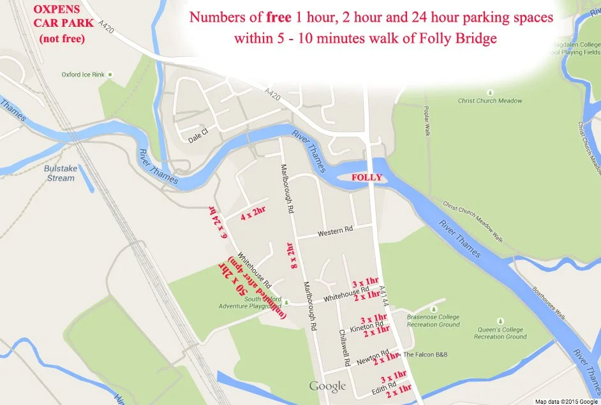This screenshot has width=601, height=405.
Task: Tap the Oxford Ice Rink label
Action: point(83,75)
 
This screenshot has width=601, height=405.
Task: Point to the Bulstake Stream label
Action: point(59,173)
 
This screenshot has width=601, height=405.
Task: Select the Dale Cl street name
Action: point(198,138)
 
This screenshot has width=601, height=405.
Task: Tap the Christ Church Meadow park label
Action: point(490,101)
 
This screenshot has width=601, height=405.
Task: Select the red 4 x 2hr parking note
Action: point(253,217)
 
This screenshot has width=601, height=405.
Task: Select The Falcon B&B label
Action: point(426,355)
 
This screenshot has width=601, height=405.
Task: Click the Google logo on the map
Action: point(327,386)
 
